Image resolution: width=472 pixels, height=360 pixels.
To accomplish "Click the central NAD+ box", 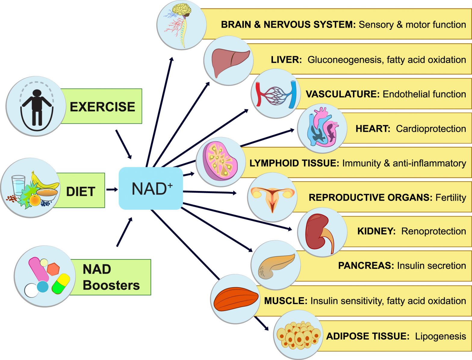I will [151, 189].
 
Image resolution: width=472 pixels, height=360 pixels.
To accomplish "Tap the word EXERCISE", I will [102, 107].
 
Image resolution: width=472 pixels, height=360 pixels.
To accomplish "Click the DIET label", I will [81, 192].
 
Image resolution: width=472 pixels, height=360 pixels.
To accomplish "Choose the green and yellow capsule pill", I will [61, 283].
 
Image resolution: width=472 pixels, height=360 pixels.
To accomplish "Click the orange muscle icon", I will [236, 299].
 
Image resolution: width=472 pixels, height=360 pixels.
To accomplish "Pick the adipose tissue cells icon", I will [298, 335].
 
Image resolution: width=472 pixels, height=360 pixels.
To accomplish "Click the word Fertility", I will [451, 198].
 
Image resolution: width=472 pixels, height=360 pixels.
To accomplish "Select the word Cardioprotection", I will [431, 129].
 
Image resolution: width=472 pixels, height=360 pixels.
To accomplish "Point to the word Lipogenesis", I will [440, 336].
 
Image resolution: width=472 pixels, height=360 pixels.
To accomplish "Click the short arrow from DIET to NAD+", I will [112, 189].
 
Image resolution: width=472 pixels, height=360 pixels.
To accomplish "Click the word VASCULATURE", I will [343, 94].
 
